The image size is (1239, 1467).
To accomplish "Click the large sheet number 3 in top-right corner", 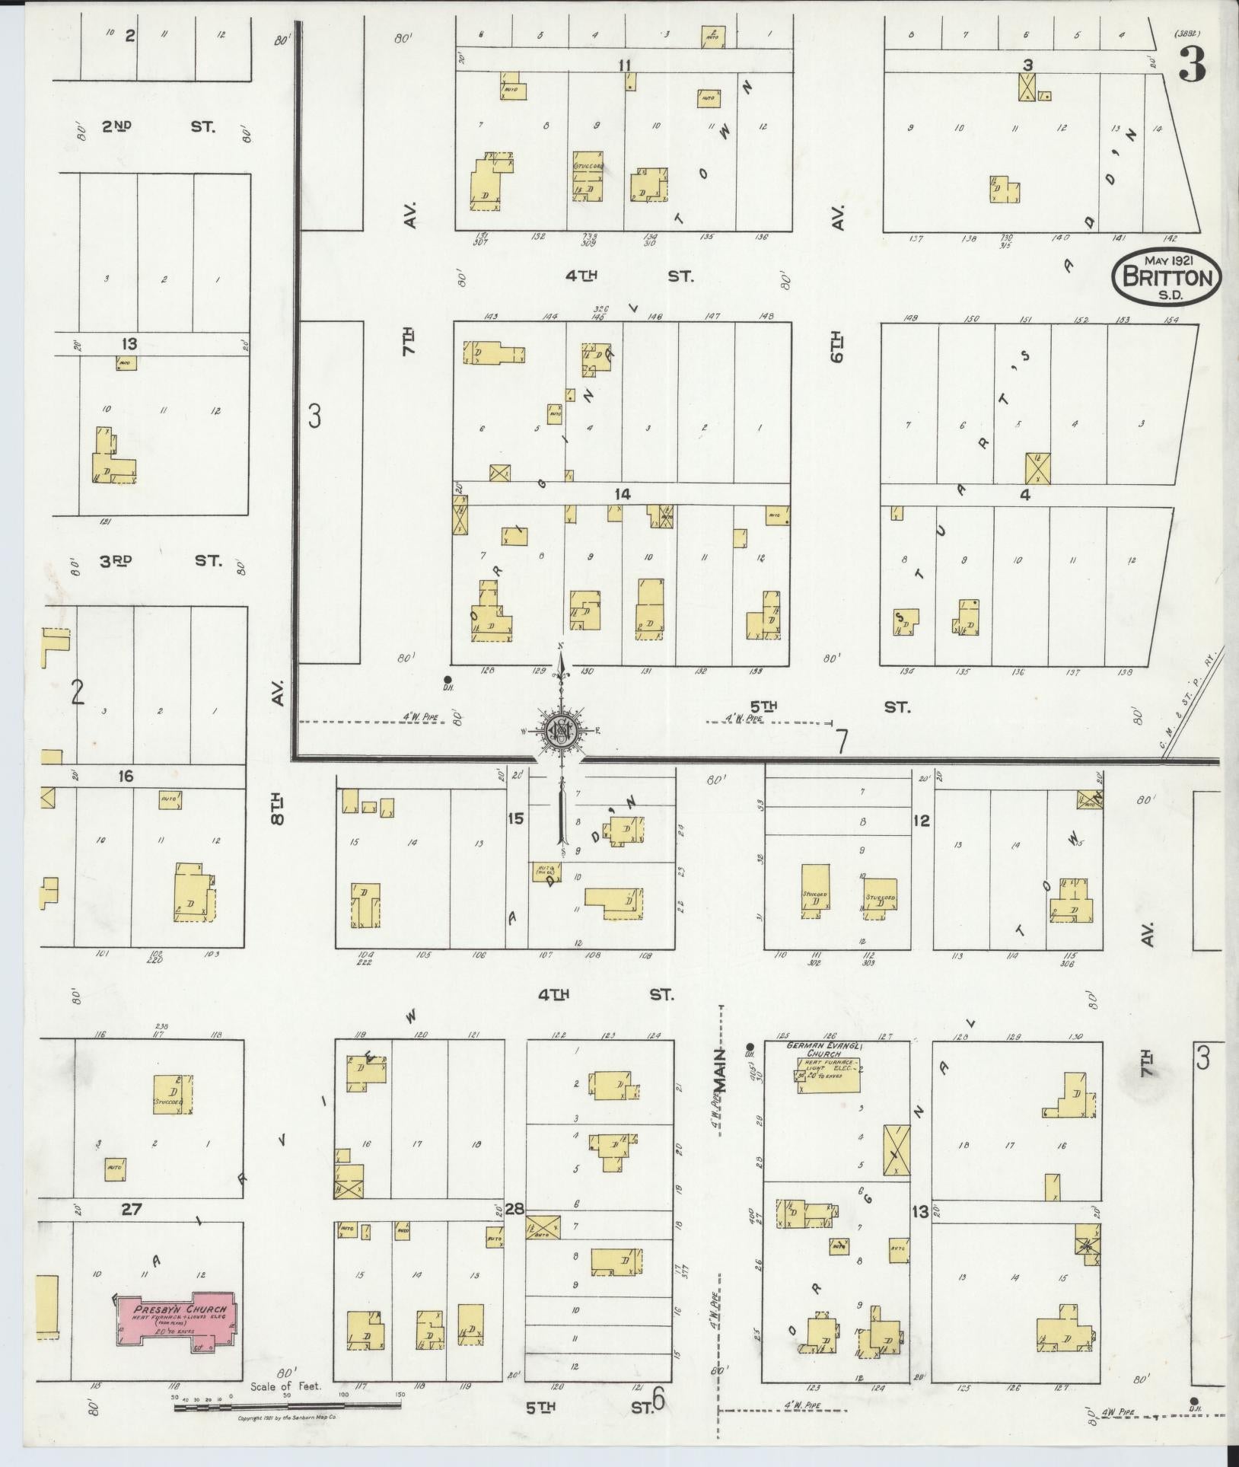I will [1193, 65].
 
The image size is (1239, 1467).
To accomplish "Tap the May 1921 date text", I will [1167, 260].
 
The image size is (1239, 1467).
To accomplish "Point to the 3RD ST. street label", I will [161, 562].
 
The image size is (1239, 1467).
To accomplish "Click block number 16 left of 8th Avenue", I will [126, 776].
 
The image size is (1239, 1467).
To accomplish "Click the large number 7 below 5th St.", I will [841, 741].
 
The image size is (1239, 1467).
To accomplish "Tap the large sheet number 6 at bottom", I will [659, 1399].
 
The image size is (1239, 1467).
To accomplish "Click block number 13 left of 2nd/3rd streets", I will [130, 344].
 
